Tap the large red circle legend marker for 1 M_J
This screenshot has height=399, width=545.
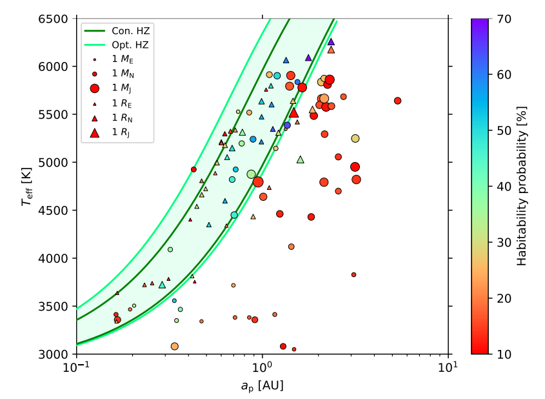tap(95, 88)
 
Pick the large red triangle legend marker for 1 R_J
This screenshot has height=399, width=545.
tap(95, 132)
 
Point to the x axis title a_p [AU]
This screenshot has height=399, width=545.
tap(262, 385)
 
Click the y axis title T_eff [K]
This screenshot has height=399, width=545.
tap(26, 186)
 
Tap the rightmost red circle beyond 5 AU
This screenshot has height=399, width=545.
tap(397, 101)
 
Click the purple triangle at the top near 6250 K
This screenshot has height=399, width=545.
tap(331, 41)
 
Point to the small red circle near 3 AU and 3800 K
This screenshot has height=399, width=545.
tap(353, 274)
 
